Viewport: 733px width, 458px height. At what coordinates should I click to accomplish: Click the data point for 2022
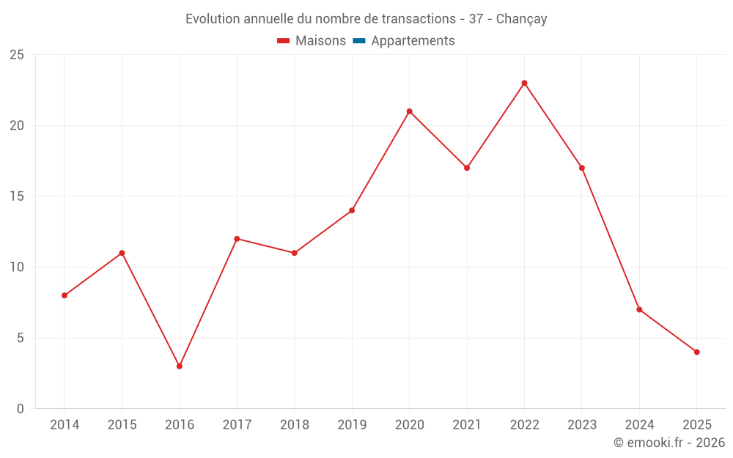click(524, 83)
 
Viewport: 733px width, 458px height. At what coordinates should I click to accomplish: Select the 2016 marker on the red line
click(180, 366)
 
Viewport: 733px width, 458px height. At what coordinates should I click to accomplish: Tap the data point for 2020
click(409, 111)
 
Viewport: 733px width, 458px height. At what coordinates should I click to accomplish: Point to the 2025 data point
click(696, 352)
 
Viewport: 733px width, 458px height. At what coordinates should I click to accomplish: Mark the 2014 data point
click(65, 295)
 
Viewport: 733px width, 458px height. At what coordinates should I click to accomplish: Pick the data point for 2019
click(352, 210)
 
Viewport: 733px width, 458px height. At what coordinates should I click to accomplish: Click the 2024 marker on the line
click(639, 309)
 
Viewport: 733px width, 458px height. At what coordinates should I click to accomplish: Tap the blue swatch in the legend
click(359, 41)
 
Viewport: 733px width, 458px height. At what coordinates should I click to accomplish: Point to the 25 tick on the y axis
click(17, 55)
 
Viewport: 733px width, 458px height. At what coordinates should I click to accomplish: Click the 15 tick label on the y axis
click(17, 196)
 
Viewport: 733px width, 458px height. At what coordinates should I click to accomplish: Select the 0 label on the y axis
click(21, 409)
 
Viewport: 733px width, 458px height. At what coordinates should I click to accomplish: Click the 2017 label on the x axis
click(237, 425)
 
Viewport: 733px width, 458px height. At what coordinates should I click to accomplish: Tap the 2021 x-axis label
click(467, 425)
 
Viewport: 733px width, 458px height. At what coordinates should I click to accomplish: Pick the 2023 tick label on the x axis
click(582, 425)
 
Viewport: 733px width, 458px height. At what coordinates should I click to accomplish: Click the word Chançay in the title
click(521, 19)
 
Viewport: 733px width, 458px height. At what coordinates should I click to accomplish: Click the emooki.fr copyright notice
click(668, 443)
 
